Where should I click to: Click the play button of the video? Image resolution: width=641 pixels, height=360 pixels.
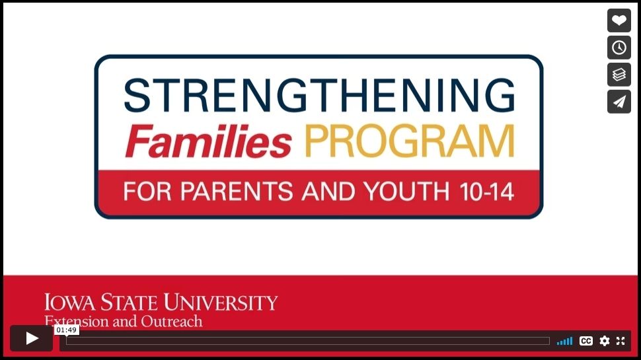click(x=31, y=339)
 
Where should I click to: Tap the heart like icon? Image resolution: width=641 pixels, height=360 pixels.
click(x=619, y=20)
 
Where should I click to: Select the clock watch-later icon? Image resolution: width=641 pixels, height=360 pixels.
click(x=619, y=48)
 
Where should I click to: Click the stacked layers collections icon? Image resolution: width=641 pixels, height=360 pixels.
click(x=619, y=75)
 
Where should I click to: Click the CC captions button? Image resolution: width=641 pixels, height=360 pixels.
click(x=586, y=341)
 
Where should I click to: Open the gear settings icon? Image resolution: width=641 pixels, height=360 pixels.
click(x=605, y=341)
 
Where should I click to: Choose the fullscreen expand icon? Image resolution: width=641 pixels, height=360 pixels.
click(x=621, y=341)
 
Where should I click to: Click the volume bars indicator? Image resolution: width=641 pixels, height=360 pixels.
click(x=564, y=341)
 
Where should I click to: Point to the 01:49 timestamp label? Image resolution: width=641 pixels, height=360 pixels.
click(x=67, y=330)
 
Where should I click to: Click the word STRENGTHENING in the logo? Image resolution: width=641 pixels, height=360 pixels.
click(x=319, y=96)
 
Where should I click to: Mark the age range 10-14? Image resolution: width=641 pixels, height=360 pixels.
click(x=486, y=192)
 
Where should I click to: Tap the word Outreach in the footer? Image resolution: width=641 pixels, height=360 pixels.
click(x=171, y=322)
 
